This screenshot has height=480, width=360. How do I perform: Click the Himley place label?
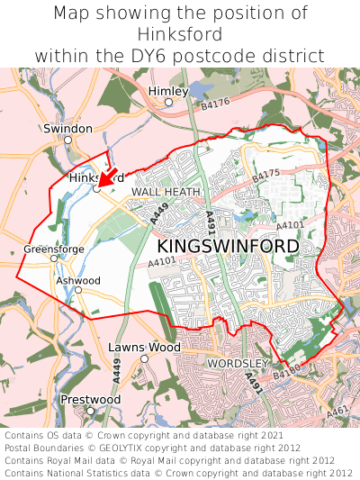167,91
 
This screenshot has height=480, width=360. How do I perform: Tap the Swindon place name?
67,130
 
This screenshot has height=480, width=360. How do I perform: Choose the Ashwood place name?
78,280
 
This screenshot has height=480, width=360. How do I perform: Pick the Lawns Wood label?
144,347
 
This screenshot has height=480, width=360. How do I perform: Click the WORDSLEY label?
238,363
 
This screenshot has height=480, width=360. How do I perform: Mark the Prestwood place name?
90,399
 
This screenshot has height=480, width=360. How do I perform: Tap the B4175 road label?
266,173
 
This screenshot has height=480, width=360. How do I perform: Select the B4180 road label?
285,369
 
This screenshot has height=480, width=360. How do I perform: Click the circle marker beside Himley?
167,103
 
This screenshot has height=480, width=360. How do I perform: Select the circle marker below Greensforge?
54,258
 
